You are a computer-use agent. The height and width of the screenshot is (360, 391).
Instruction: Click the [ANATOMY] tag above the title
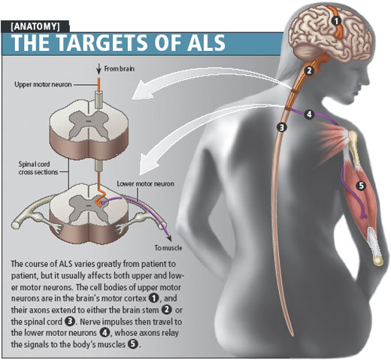(x=35, y=26)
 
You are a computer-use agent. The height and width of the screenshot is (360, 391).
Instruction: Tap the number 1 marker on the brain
(x=337, y=21)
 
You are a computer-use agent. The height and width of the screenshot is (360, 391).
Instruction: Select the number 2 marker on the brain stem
(x=309, y=71)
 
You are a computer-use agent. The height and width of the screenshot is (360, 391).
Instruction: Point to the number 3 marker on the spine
(x=282, y=128)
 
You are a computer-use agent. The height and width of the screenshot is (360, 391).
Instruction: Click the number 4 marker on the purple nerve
(x=309, y=114)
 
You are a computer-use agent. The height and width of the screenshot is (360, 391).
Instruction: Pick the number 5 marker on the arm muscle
(x=361, y=186)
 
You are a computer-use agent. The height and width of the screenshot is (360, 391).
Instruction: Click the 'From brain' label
(x=120, y=68)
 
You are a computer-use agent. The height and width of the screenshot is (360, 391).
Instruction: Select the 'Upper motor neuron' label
(x=43, y=84)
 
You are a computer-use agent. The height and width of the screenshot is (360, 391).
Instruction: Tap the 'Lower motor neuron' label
(x=145, y=184)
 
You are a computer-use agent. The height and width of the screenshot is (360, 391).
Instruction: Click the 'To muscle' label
(x=168, y=248)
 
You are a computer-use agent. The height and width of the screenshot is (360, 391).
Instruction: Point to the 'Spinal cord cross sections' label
(x=38, y=168)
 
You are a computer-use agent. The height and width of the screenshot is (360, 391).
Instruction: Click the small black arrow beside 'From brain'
(x=99, y=69)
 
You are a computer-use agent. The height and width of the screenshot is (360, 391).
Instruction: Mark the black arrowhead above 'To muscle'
(x=169, y=238)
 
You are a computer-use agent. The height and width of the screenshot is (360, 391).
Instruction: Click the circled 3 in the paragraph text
(x=70, y=322)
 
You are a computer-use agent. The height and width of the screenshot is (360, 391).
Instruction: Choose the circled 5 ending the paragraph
(x=133, y=344)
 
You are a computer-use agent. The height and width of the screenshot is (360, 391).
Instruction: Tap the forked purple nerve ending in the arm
(x=364, y=215)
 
